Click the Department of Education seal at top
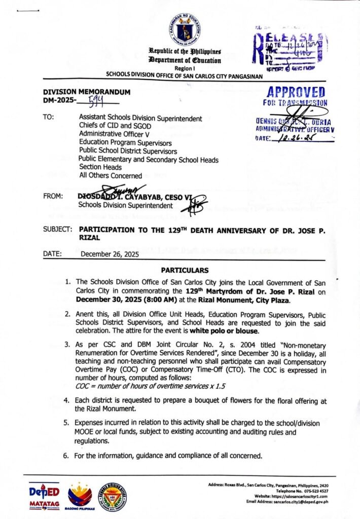(x=184, y=30)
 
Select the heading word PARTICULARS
(x=184, y=270)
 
